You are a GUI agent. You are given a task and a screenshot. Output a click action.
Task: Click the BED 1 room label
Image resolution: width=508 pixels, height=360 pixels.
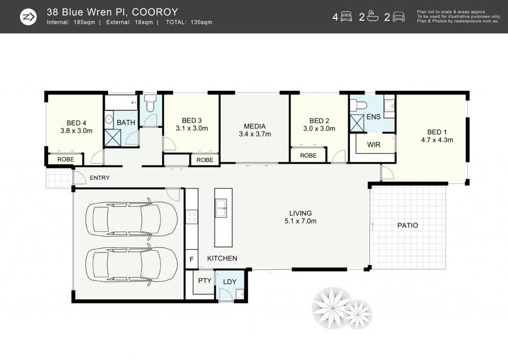coord(437,132)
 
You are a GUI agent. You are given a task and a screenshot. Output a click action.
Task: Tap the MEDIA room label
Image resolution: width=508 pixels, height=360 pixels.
coord(254,126)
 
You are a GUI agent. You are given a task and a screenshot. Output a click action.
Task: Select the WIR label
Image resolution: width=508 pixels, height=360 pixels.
coord(374,144)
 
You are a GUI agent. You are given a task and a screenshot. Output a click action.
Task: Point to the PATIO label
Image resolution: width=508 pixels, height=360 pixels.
coord(408,225)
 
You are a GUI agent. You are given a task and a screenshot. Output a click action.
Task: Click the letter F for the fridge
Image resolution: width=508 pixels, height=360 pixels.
coord(191,260)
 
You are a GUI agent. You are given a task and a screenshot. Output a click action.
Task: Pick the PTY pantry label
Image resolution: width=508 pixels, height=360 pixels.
coord(204,281)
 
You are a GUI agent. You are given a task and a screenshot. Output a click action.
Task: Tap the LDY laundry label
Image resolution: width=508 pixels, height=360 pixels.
coord(230,282)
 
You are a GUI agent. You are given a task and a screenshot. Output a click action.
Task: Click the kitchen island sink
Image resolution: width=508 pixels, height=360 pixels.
coord(222,208)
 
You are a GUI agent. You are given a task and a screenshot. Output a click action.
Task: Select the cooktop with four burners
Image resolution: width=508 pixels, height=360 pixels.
coord(191,217)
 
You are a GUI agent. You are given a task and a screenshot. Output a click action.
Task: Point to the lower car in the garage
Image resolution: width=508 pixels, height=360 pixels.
coord(131,263)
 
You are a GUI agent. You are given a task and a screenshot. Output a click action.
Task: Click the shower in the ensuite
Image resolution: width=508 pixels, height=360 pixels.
coord(357,123)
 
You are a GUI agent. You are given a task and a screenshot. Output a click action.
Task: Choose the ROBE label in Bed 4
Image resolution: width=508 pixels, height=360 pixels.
coord(65,159)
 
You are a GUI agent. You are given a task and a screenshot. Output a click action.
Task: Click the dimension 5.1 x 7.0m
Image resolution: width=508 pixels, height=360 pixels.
coord(300,221)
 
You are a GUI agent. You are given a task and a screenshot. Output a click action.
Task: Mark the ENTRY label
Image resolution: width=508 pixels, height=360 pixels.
coord(100,178)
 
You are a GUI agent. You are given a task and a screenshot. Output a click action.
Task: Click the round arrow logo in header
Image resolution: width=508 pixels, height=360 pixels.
coord(28,17)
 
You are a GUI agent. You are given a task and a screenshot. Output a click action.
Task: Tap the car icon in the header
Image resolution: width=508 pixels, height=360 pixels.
coord(398,16)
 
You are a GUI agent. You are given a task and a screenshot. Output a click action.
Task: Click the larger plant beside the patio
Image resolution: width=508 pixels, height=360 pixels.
coord(330,305)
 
